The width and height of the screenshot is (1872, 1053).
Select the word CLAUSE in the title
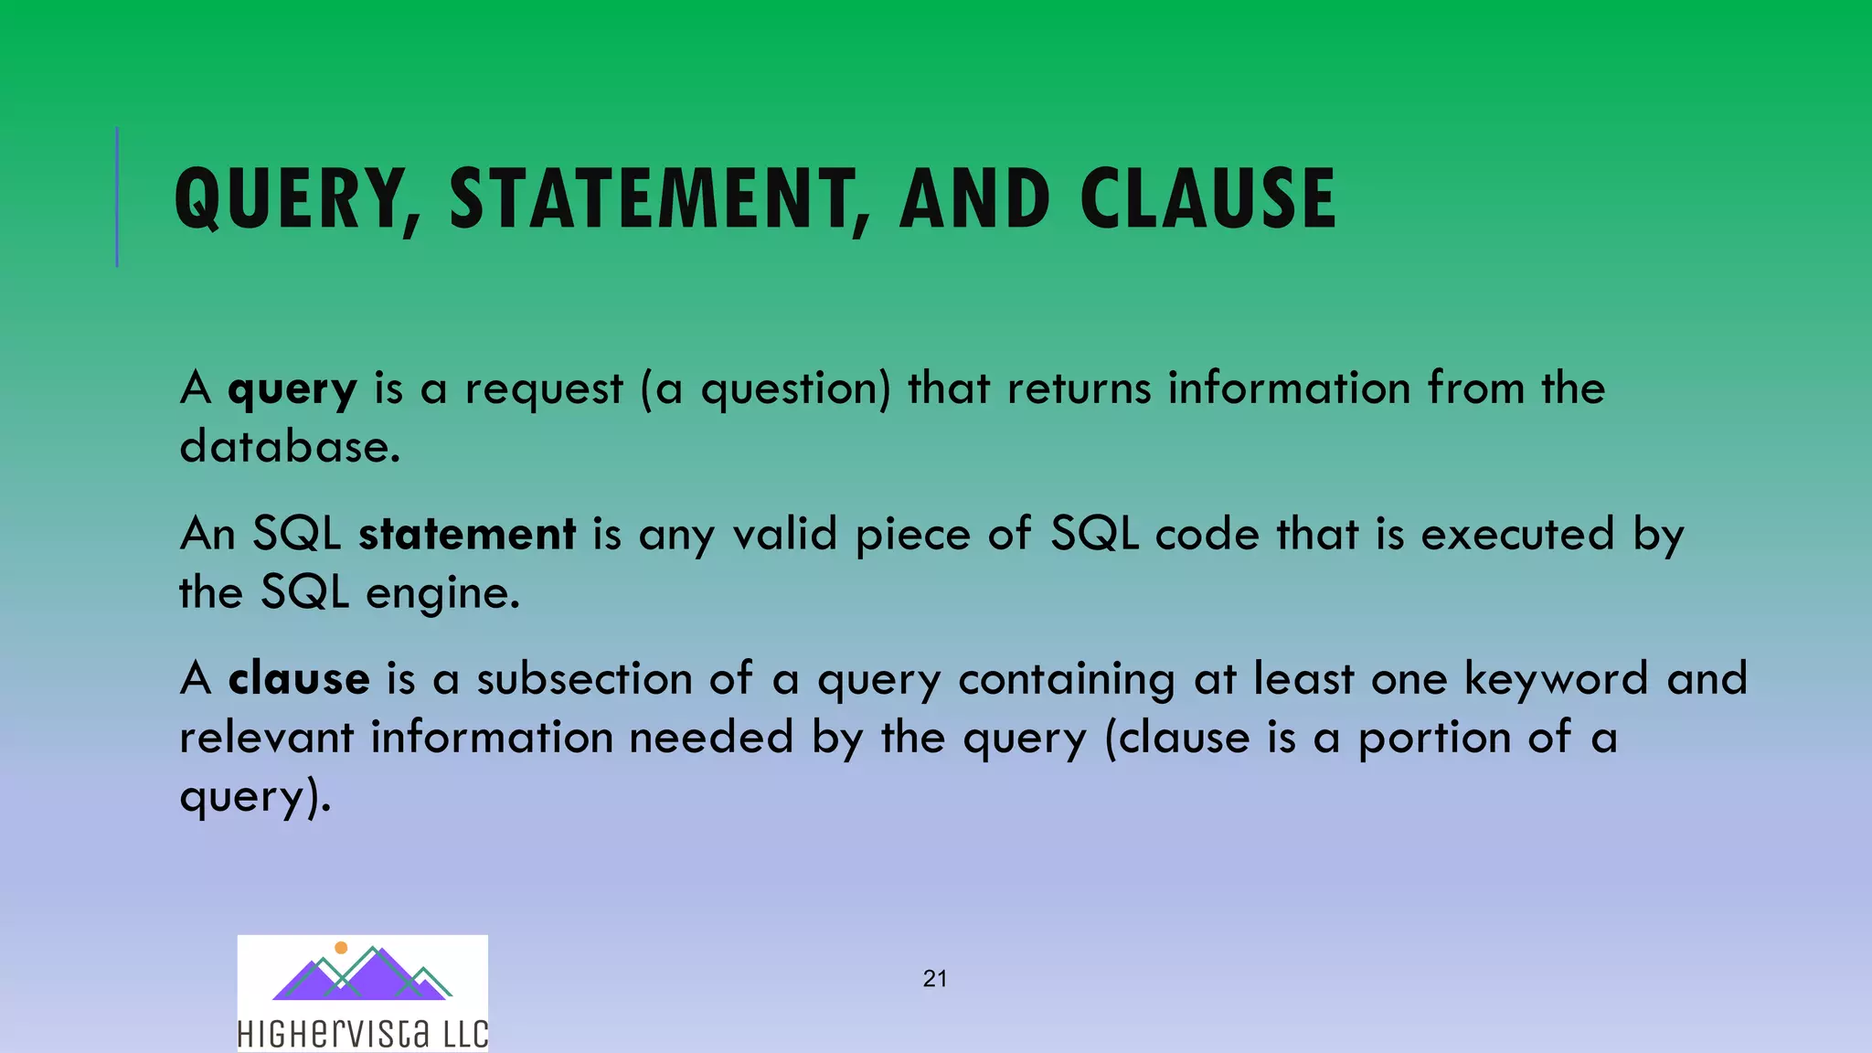click(x=1207, y=198)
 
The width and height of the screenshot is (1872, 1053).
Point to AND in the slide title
click(x=974, y=198)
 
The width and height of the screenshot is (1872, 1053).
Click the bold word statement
click(x=467, y=534)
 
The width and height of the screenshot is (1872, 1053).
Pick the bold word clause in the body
click(x=299, y=679)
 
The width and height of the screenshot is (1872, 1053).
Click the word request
click(x=544, y=388)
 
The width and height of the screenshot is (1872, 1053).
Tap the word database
click(x=290, y=447)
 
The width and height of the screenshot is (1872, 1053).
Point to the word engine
click(x=442, y=594)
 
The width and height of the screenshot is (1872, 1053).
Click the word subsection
click(x=584, y=679)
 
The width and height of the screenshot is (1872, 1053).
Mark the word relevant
click(x=266, y=738)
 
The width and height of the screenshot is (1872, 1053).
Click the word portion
click(x=1434, y=738)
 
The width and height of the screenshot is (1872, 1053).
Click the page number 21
click(x=935, y=979)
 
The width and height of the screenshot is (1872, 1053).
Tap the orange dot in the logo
click(x=341, y=948)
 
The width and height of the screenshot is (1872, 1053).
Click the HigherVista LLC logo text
click(x=363, y=1034)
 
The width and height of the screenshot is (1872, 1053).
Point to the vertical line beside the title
click(x=117, y=197)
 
